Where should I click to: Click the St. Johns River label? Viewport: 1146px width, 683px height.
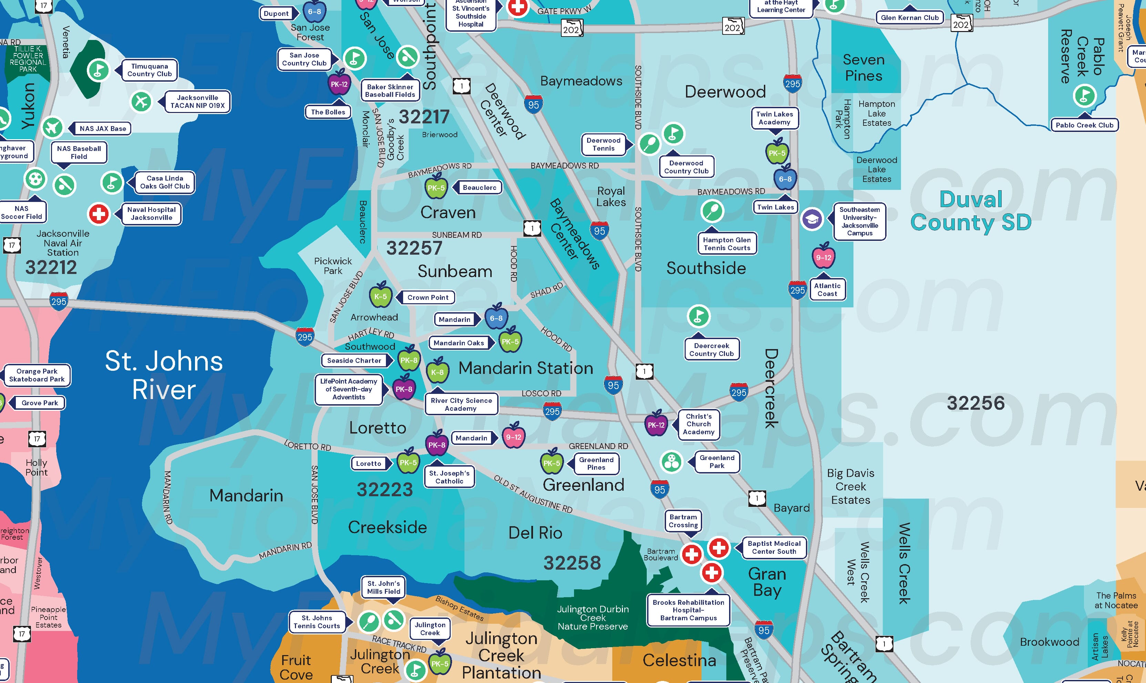tap(164, 375)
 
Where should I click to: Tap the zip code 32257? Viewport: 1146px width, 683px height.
tap(414, 248)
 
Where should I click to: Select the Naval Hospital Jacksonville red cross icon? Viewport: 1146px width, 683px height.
tap(99, 214)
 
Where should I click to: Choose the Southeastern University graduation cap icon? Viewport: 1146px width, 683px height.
tap(812, 219)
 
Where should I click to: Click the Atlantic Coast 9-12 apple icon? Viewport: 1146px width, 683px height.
tap(823, 257)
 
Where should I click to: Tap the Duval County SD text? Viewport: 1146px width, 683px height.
tap(971, 211)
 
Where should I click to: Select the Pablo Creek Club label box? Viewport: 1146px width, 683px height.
tap(1084, 125)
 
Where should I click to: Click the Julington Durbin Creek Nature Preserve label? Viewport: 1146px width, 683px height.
tap(593, 618)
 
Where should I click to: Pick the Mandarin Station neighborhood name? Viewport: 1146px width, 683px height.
tap(526, 368)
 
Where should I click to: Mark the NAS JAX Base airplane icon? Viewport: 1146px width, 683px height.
tap(52, 128)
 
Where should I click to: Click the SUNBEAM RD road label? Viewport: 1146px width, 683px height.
tap(457, 235)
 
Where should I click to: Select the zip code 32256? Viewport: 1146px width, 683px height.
tap(975, 403)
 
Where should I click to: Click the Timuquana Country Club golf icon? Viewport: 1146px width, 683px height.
tap(98, 70)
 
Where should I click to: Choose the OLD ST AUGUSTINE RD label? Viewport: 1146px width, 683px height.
tap(533, 494)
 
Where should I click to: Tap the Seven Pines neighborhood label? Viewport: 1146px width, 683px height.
tap(863, 68)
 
